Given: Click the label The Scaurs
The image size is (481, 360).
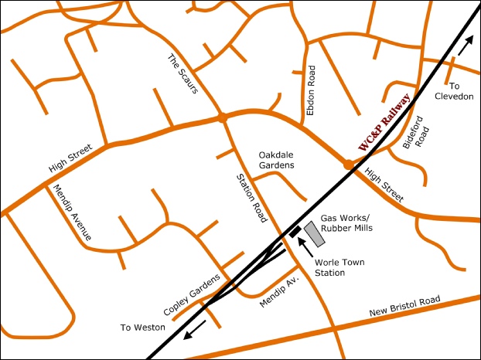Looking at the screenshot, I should [x=184, y=74].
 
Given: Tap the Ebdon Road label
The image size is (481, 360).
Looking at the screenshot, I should [x=312, y=90].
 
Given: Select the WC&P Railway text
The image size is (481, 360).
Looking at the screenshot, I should [x=384, y=121].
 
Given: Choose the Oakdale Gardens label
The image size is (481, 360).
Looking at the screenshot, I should [x=276, y=159].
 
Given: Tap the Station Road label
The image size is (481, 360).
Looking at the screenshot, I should [x=251, y=198].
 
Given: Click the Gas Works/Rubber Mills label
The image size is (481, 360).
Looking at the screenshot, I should [x=346, y=223].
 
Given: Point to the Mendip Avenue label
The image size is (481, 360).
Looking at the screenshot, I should [x=72, y=212].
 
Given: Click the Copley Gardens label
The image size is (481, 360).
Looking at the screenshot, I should [x=193, y=294].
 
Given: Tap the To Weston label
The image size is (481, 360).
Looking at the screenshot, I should [x=142, y=328].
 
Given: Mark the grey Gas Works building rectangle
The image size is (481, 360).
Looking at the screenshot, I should [x=314, y=235].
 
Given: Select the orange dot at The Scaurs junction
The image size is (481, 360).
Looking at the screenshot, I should [x=222, y=117].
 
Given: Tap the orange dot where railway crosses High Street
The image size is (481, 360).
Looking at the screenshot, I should [x=349, y=164].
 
